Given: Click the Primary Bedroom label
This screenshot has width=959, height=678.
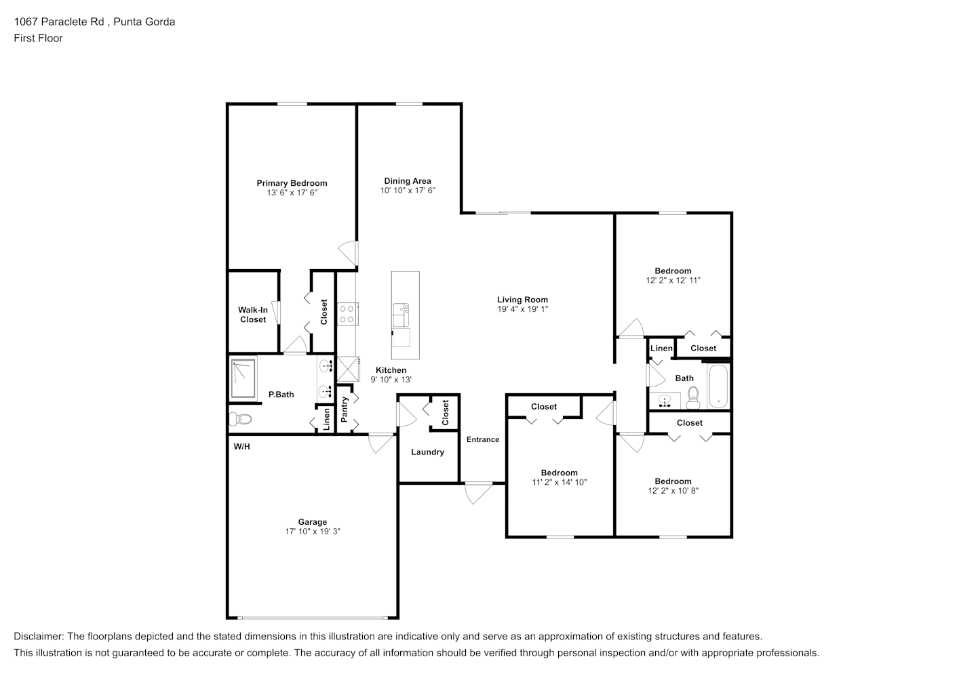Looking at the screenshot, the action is pos(292,183).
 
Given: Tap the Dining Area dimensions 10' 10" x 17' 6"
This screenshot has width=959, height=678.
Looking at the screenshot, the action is pos(408,191).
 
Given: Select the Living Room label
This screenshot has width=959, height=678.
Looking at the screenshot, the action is pos(522,300).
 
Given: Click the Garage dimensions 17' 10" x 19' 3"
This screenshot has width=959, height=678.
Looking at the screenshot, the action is pos(313,531).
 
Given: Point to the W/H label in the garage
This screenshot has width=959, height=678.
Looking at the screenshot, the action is pos(242,446).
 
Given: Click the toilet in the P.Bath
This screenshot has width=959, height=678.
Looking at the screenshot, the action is pos(240,418).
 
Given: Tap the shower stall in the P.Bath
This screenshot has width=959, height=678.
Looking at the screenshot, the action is pos(243,379).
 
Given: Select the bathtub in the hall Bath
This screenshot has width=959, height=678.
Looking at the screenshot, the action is pos(718,386).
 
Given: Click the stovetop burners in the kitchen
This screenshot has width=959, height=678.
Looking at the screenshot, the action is pos(347,314).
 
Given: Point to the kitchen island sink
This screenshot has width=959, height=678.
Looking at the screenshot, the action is pos(401,315).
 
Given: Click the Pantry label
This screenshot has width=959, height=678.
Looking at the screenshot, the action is pos(345,410).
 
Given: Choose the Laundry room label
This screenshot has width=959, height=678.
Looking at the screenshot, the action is pos(428,452).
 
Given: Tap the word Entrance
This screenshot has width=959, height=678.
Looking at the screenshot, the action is pos(482,439).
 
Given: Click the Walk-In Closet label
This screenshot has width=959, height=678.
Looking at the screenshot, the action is pos(253,315).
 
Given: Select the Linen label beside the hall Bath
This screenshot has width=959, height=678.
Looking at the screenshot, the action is pos(661,348).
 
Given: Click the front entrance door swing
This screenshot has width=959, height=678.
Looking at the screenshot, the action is pos(478,493).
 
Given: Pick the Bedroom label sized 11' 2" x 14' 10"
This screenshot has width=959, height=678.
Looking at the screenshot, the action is pos(559,473).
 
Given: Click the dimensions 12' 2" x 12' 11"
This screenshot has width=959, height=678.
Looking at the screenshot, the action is pos(673,281).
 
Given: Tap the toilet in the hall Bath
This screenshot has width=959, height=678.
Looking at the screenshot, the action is pos(693,398).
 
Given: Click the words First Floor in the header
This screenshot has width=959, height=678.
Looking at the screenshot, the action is pos(38,38).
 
